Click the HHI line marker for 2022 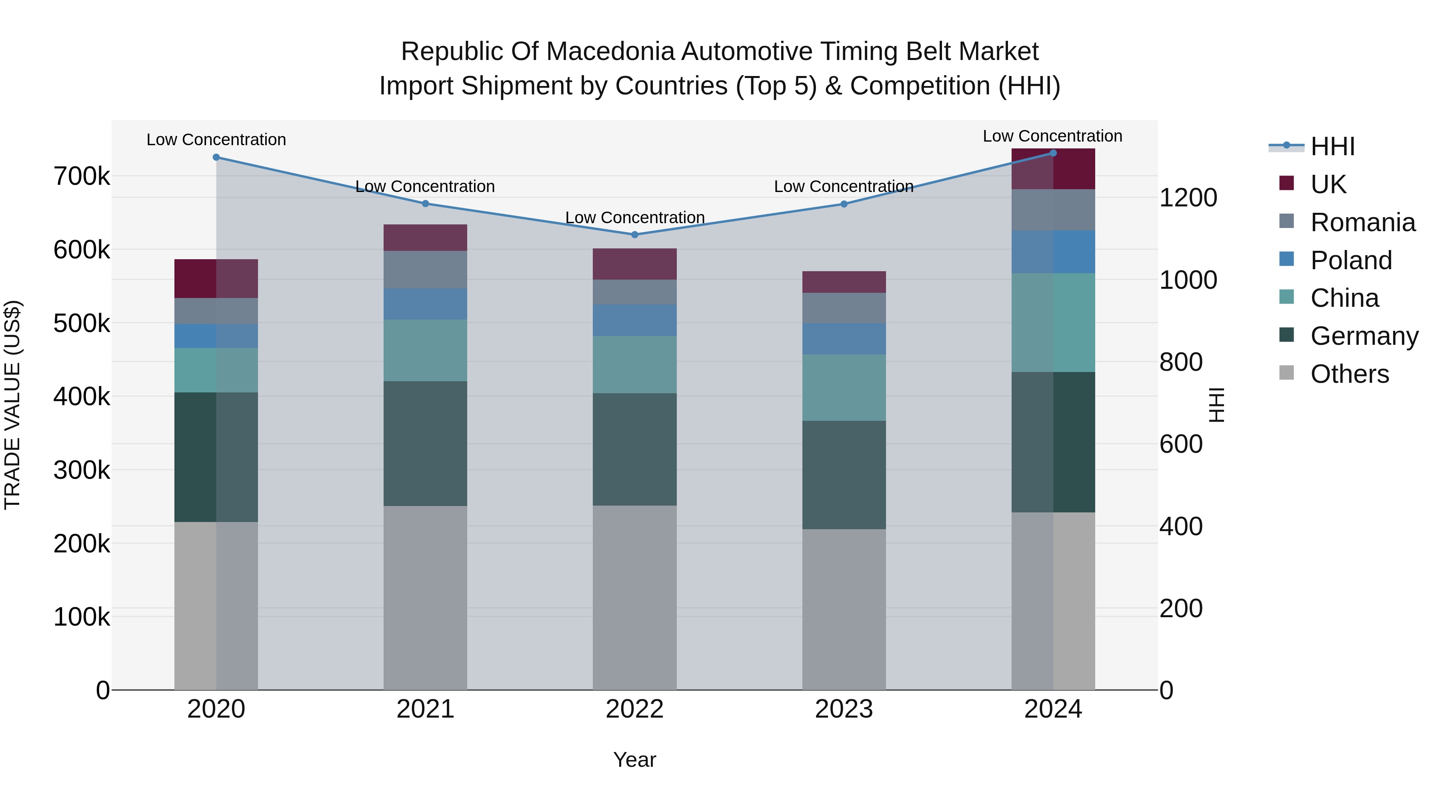pyautogui.click(x=634, y=235)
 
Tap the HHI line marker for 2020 pyautogui.click(x=216, y=158)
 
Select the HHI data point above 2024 pyautogui.click(x=1053, y=153)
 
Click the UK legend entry pyautogui.click(x=1328, y=184)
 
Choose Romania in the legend pyautogui.click(x=1362, y=222)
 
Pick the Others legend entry pyautogui.click(x=1350, y=374)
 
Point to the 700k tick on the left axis pyautogui.click(x=82, y=177)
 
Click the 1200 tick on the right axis pyautogui.click(x=1188, y=198)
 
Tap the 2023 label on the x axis pyautogui.click(x=844, y=709)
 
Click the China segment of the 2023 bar pyautogui.click(x=844, y=387)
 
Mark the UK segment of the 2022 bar pyautogui.click(x=634, y=264)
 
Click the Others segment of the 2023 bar pyautogui.click(x=844, y=609)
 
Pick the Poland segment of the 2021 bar pyautogui.click(x=426, y=304)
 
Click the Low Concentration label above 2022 pyautogui.click(x=634, y=218)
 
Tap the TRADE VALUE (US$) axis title pyautogui.click(x=12, y=405)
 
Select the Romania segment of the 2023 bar pyautogui.click(x=844, y=308)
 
